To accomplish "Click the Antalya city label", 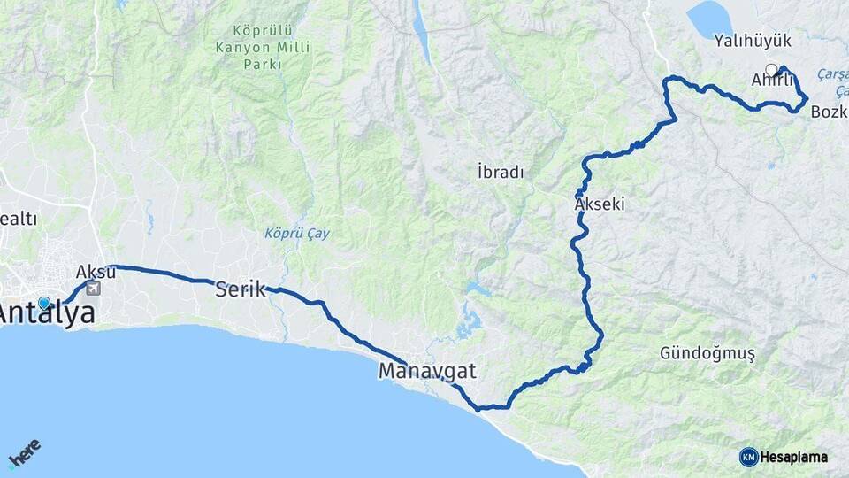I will pos(48,312).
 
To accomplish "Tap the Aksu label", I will pos(96,271).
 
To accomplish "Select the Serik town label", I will pos(241,289).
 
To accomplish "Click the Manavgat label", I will pos(427,371).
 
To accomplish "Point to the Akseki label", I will pos(600,204).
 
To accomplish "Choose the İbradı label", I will pos(500,173).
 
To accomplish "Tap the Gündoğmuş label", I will pos(707,353).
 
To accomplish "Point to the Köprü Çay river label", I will pos(297,234).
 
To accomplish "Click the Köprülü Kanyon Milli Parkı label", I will pos(251,46).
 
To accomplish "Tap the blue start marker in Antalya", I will pos(44,303).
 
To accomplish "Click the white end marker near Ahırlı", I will pos(771,69).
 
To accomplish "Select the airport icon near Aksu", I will pos(93,288).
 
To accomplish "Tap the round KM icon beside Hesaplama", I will pos(748,457).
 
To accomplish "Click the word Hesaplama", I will pos(794,457).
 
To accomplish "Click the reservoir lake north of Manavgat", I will pos(468,323).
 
